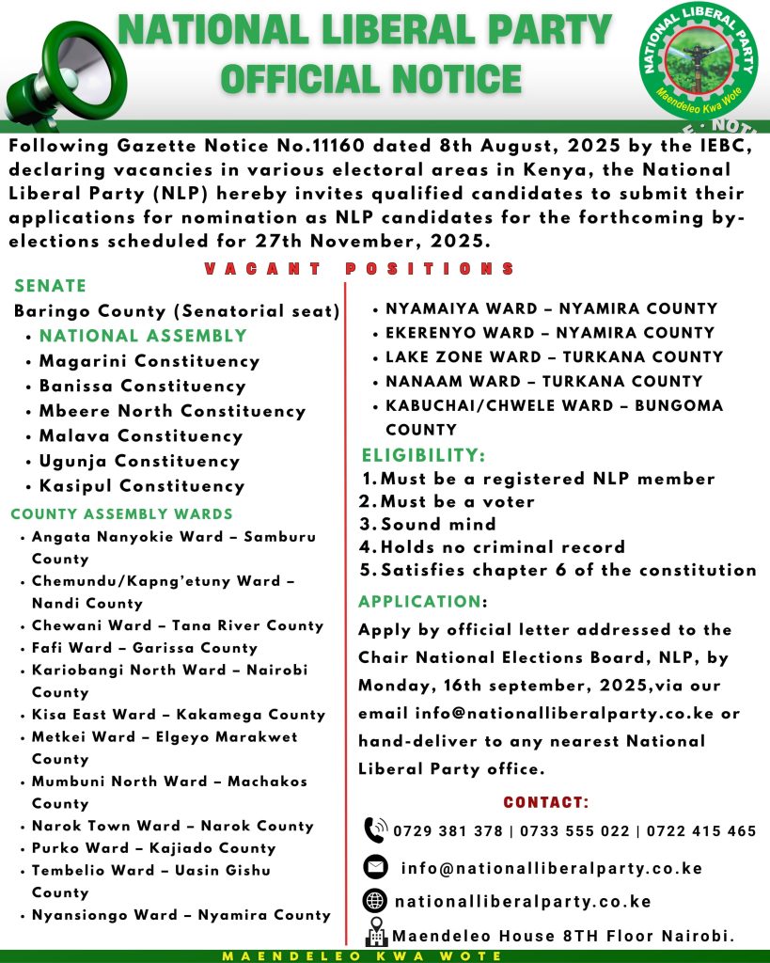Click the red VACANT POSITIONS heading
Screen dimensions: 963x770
(360, 269)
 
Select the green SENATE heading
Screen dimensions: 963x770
(51, 286)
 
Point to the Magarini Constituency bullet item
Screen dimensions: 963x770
(149, 361)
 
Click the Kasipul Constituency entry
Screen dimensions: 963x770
(141, 486)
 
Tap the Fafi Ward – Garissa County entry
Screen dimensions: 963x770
(144, 648)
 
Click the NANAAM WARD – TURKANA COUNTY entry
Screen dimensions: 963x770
(543, 381)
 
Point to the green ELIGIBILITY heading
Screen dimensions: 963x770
(423, 455)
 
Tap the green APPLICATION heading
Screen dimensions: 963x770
(419, 602)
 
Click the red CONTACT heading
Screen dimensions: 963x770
(546, 803)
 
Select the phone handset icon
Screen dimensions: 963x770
(375, 830)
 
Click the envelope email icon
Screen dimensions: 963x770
(375, 867)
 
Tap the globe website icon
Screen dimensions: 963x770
(375, 901)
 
